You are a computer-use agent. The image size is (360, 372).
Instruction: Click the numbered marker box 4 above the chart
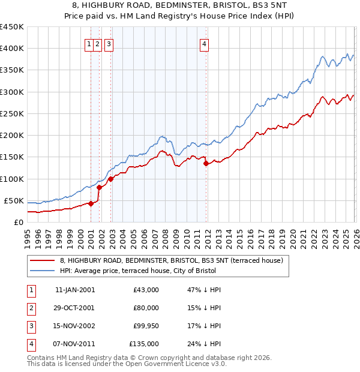pyautogui.click(x=205, y=43)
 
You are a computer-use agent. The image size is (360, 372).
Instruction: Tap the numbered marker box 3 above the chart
pyautogui.click(x=109, y=43)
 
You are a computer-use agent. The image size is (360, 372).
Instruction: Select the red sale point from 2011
pyautogui.click(x=205, y=163)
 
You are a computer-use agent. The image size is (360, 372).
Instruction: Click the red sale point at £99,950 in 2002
pyautogui.click(x=110, y=179)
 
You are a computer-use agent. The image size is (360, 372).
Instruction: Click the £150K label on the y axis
pyautogui.click(x=13, y=157)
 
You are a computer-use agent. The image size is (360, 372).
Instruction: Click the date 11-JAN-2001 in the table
pyautogui.click(x=74, y=290)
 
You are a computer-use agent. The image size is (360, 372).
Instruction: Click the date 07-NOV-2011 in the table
pyautogui.click(x=74, y=344)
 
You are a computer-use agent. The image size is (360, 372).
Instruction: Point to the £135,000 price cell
pyautogui.click(x=143, y=344)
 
